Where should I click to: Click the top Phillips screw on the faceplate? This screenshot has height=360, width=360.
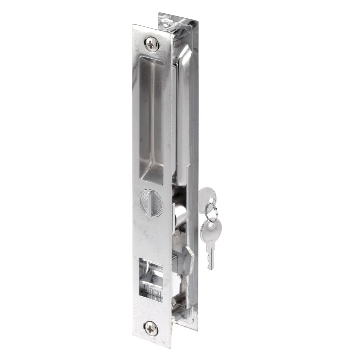pyautogui.click(x=151, y=45)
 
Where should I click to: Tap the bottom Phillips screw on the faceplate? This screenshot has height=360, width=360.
pyautogui.click(x=151, y=328)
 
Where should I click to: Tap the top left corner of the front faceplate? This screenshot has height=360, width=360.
pyautogui.click(x=134, y=25)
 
